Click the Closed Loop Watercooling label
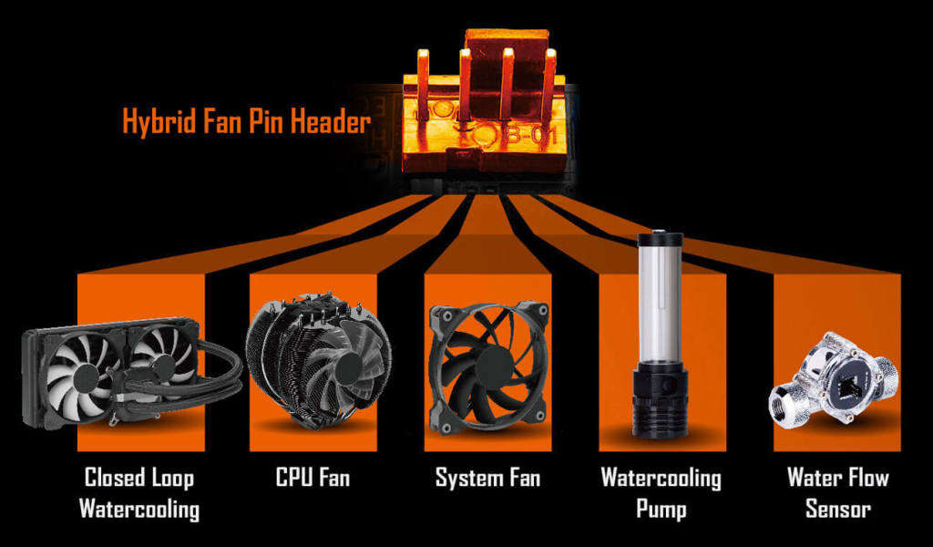pyautogui.click(x=139, y=493)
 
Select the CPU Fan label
pyautogui.click(x=313, y=478)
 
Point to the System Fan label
pyautogui.click(x=487, y=478)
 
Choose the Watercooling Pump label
pyautogui.click(x=661, y=493)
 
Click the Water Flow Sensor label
pyautogui.click(x=837, y=493)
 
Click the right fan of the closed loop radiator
pyautogui.click(x=160, y=365)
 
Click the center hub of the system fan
pyautogui.click(x=487, y=361)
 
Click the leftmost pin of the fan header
pyautogui.click(x=423, y=77)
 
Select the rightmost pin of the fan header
pyautogui.click(x=549, y=77)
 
